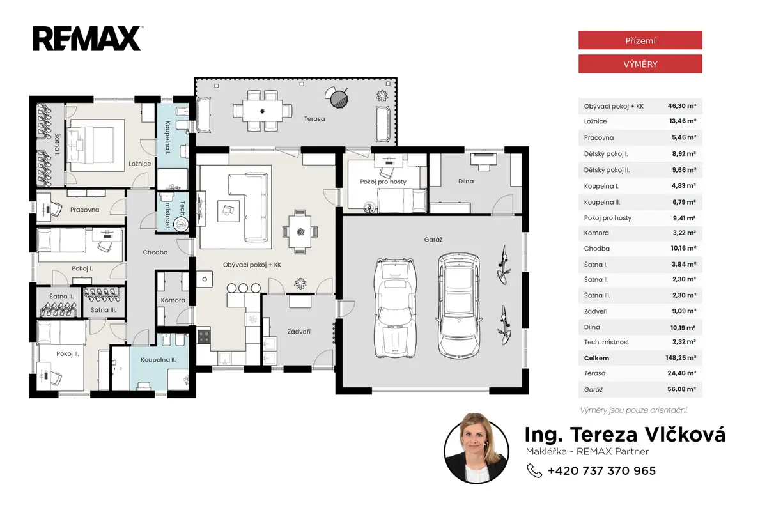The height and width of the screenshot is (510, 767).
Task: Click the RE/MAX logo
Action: pyautogui.click(x=88, y=39)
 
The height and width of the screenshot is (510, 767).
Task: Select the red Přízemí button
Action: pyautogui.click(x=640, y=40)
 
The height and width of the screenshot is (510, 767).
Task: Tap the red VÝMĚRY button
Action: pyautogui.click(x=640, y=64)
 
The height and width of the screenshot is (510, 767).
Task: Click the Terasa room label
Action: pyautogui.click(x=314, y=119)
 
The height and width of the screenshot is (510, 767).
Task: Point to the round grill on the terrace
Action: pyautogui.click(x=339, y=99)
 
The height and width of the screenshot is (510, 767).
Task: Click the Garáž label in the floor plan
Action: pyautogui.click(x=433, y=240)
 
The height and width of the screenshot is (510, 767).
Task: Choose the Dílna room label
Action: pyautogui.click(x=466, y=181)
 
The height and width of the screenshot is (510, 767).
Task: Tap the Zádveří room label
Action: pyautogui.click(x=299, y=331)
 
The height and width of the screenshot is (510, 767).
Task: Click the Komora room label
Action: pyautogui.click(x=173, y=300)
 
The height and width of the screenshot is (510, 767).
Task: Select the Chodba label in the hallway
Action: pyautogui.click(x=155, y=252)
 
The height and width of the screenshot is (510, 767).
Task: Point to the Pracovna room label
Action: pyautogui.click(x=84, y=210)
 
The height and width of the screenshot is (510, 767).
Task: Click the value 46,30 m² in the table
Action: pyautogui.click(x=682, y=106)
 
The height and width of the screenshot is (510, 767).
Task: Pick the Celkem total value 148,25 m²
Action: pyautogui.click(x=681, y=358)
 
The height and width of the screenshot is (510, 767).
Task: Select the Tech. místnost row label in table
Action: pyautogui.click(x=607, y=342)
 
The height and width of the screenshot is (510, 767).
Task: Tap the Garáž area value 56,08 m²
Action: pyautogui.click(x=682, y=389)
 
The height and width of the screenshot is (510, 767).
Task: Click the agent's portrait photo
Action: pyautogui.click(x=476, y=449)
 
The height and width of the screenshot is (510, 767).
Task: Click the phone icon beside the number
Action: pyautogui.click(x=534, y=470)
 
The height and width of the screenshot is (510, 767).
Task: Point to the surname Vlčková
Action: pyautogui.click(x=685, y=434)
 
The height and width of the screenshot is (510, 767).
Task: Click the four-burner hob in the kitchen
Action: pyautogui.click(x=204, y=336)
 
